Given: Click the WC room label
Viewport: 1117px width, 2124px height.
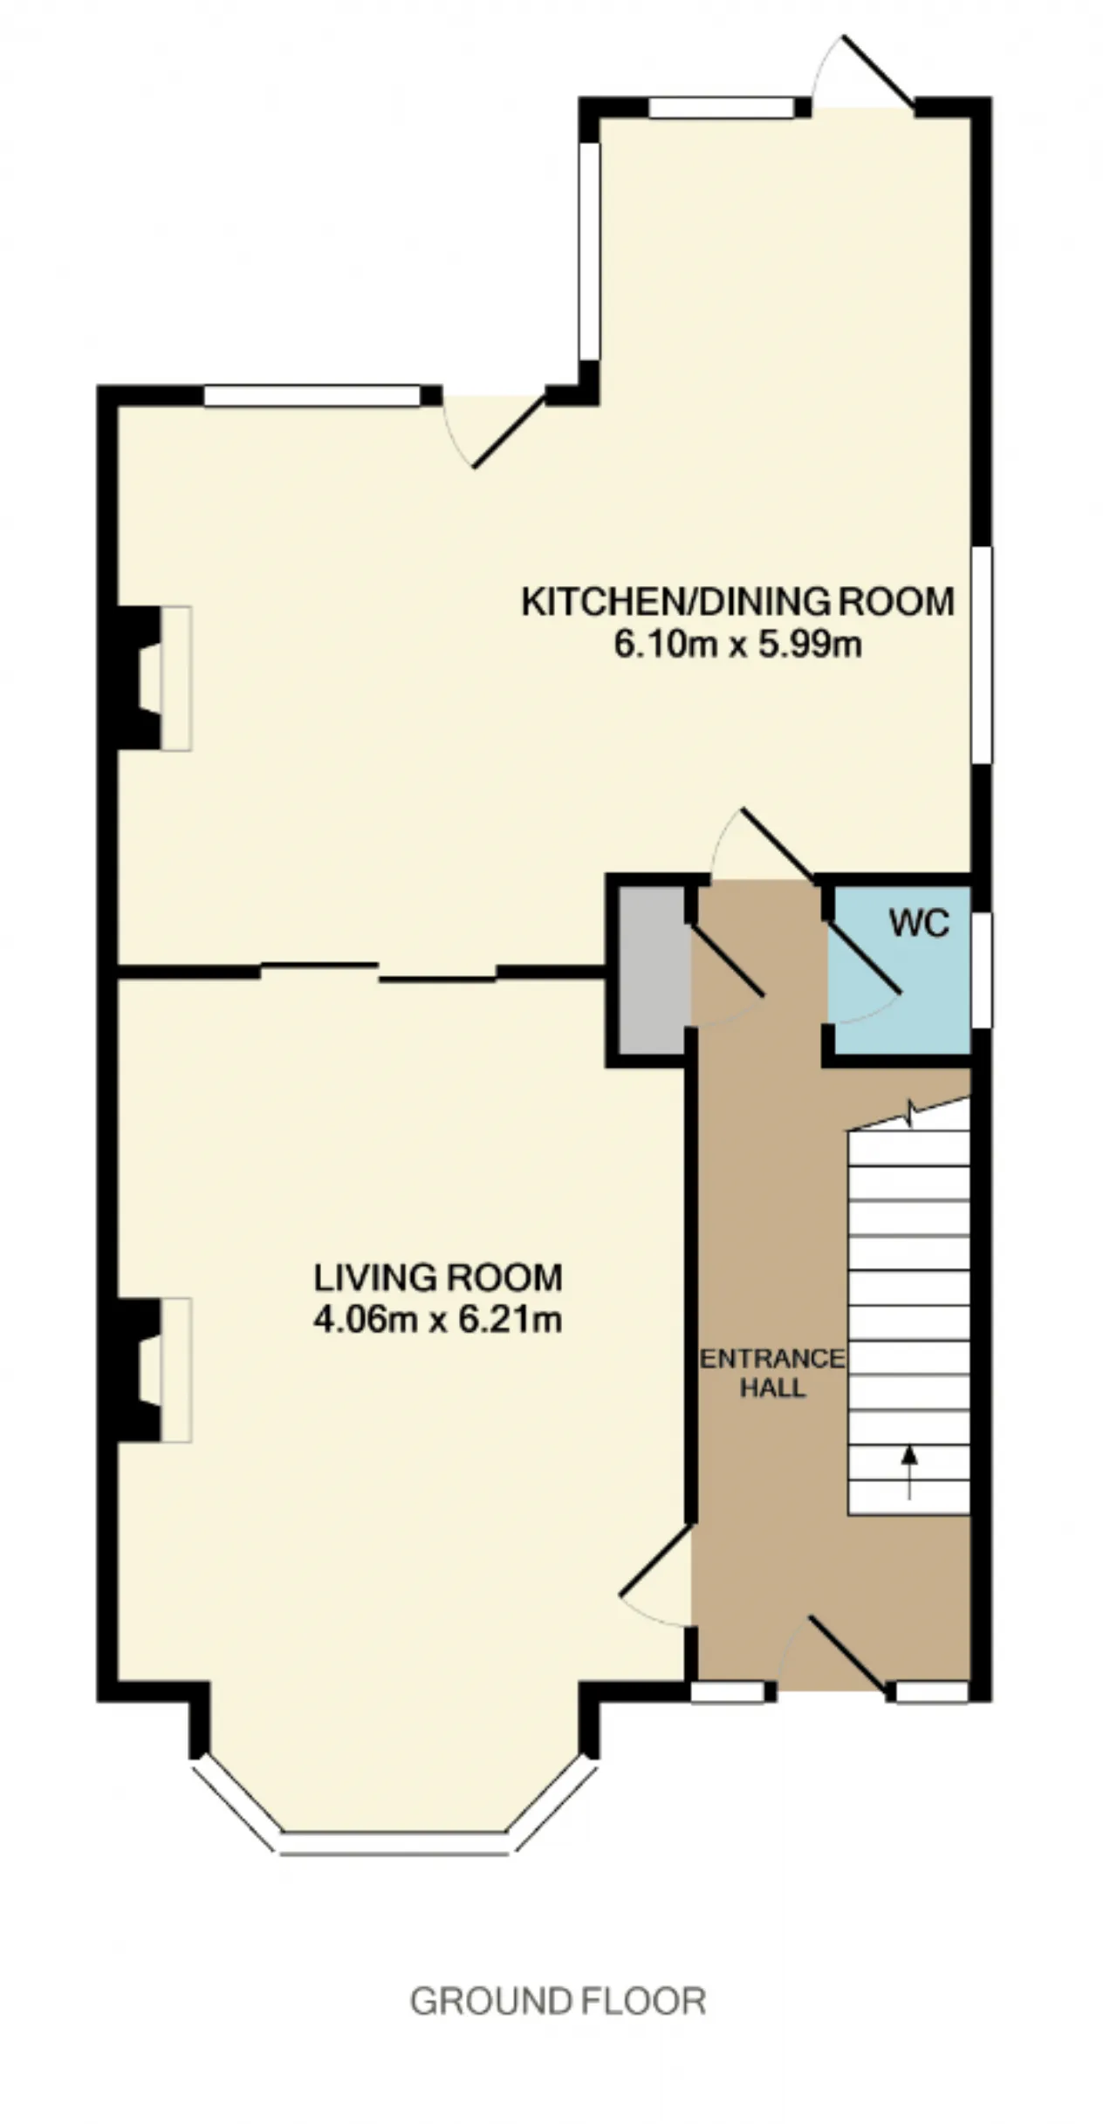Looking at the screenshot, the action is click(919, 923).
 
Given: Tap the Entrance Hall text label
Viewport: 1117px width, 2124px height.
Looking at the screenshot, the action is click(772, 1373).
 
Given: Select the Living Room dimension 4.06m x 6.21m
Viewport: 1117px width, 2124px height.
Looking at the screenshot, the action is click(437, 1320).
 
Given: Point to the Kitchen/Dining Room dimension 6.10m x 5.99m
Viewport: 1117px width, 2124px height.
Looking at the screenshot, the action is click(738, 645).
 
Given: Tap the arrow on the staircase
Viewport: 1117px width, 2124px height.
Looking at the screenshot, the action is click(909, 1472).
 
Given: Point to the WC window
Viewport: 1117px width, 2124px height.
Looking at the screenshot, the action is click(982, 969).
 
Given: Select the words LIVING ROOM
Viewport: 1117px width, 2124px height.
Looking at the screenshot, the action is click(438, 1278).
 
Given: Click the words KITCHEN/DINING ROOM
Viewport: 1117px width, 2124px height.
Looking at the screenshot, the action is click(738, 602).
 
